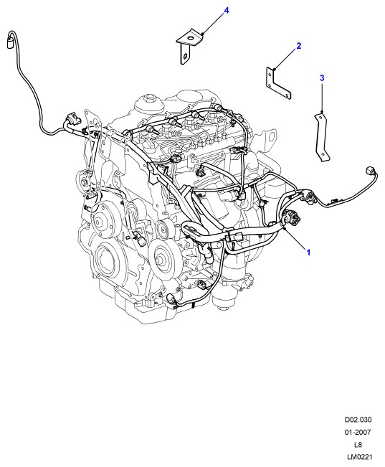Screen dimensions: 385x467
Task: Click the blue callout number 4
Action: [227, 11]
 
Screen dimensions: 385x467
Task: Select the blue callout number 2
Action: [299, 46]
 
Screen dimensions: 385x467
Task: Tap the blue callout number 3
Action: [322, 78]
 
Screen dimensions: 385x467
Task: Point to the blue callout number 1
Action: [308, 253]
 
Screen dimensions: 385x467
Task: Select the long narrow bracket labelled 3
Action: [322, 136]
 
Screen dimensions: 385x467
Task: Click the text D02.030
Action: [358, 420]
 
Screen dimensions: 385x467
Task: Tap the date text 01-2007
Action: [358, 432]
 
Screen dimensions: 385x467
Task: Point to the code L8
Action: [358, 445]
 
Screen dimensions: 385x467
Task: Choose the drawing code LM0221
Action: [360, 456]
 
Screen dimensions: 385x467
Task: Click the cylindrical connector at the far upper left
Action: [11, 42]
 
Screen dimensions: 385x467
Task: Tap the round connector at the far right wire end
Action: [369, 171]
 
